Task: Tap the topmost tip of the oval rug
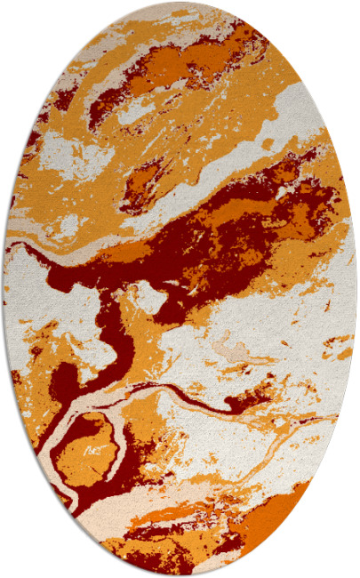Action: pyautogui.click(x=180, y=3)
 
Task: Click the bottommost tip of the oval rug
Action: pyautogui.click(x=180, y=575)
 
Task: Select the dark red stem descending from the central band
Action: pyautogui.click(x=111, y=329)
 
